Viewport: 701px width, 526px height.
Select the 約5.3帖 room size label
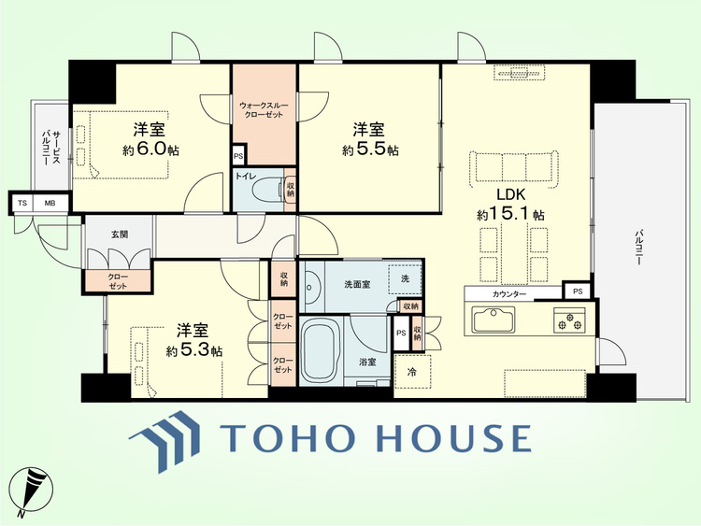tap(194, 350)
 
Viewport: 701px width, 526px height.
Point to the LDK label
tap(510, 195)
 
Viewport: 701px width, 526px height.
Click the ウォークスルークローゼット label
tap(264, 110)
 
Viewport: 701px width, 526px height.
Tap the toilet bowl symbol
tap(268, 190)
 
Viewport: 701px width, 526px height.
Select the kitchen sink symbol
tap(494, 320)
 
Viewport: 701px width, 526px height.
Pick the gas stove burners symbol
tap(569, 320)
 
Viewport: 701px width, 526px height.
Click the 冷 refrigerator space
tap(412, 371)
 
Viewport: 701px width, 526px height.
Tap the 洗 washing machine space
tap(405, 278)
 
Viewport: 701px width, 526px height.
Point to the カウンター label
tap(509, 294)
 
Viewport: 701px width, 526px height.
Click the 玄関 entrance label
tap(120, 234)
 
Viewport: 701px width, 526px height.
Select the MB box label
tap(50, 204)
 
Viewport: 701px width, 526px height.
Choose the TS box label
tap(22, 204)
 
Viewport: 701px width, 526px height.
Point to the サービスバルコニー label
tap(50, 148)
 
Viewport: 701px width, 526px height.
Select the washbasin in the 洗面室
tap(311, 287)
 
